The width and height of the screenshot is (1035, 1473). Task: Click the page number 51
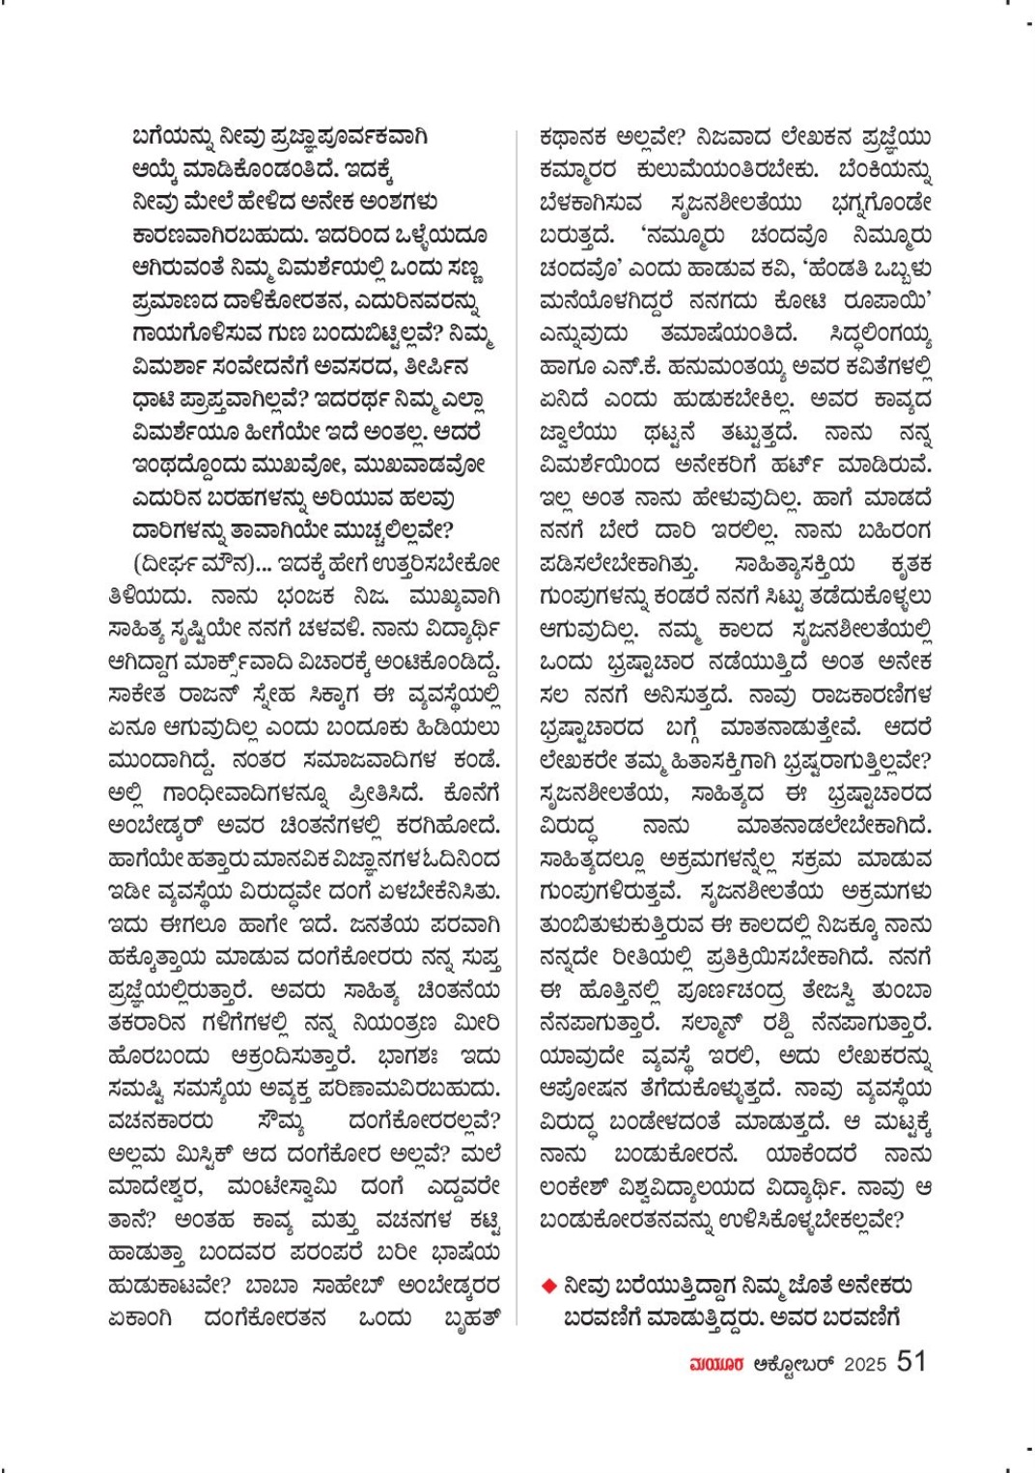(x=910, y=1361)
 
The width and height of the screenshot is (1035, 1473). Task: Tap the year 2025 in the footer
(x=864, y=1364)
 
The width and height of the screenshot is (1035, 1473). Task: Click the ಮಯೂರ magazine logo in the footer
(x=713, y=1364)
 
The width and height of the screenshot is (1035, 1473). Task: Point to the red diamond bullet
(x=548, y=1287)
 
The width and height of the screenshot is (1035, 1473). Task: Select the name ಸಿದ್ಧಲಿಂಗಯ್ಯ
(x=880, y=333)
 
